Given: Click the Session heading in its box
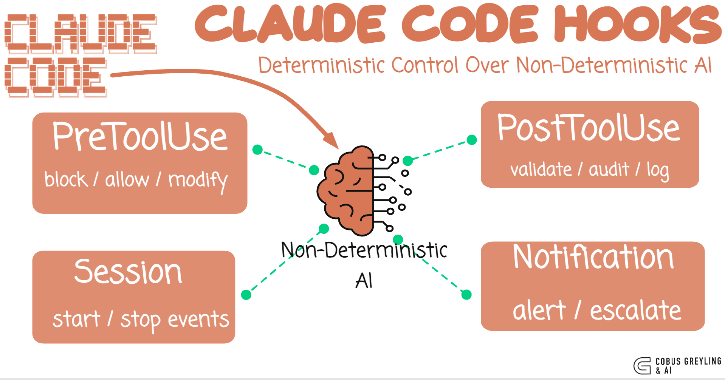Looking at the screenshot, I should pos(128,272).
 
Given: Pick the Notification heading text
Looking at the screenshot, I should pos(593,257).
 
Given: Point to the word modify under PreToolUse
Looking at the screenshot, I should pos(198,180).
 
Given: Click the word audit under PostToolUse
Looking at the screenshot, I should pos(609,170).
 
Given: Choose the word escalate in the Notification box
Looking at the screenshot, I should pos(635,310).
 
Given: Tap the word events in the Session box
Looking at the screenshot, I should pos(198,320).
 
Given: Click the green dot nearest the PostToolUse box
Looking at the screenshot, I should pos(472,140).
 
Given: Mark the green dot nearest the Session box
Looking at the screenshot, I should pos(246,295).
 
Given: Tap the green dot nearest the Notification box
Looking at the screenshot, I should pos(466,295).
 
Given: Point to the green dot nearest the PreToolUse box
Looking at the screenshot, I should pos(257,150).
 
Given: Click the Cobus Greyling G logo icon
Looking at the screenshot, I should pos(642,366).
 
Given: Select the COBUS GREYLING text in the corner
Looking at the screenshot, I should pos(688,361).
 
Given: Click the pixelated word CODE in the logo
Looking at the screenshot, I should pos(56,77).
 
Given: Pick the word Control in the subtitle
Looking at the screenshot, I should pos(426,65).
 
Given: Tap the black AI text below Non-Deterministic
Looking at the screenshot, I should pos(364,281).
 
